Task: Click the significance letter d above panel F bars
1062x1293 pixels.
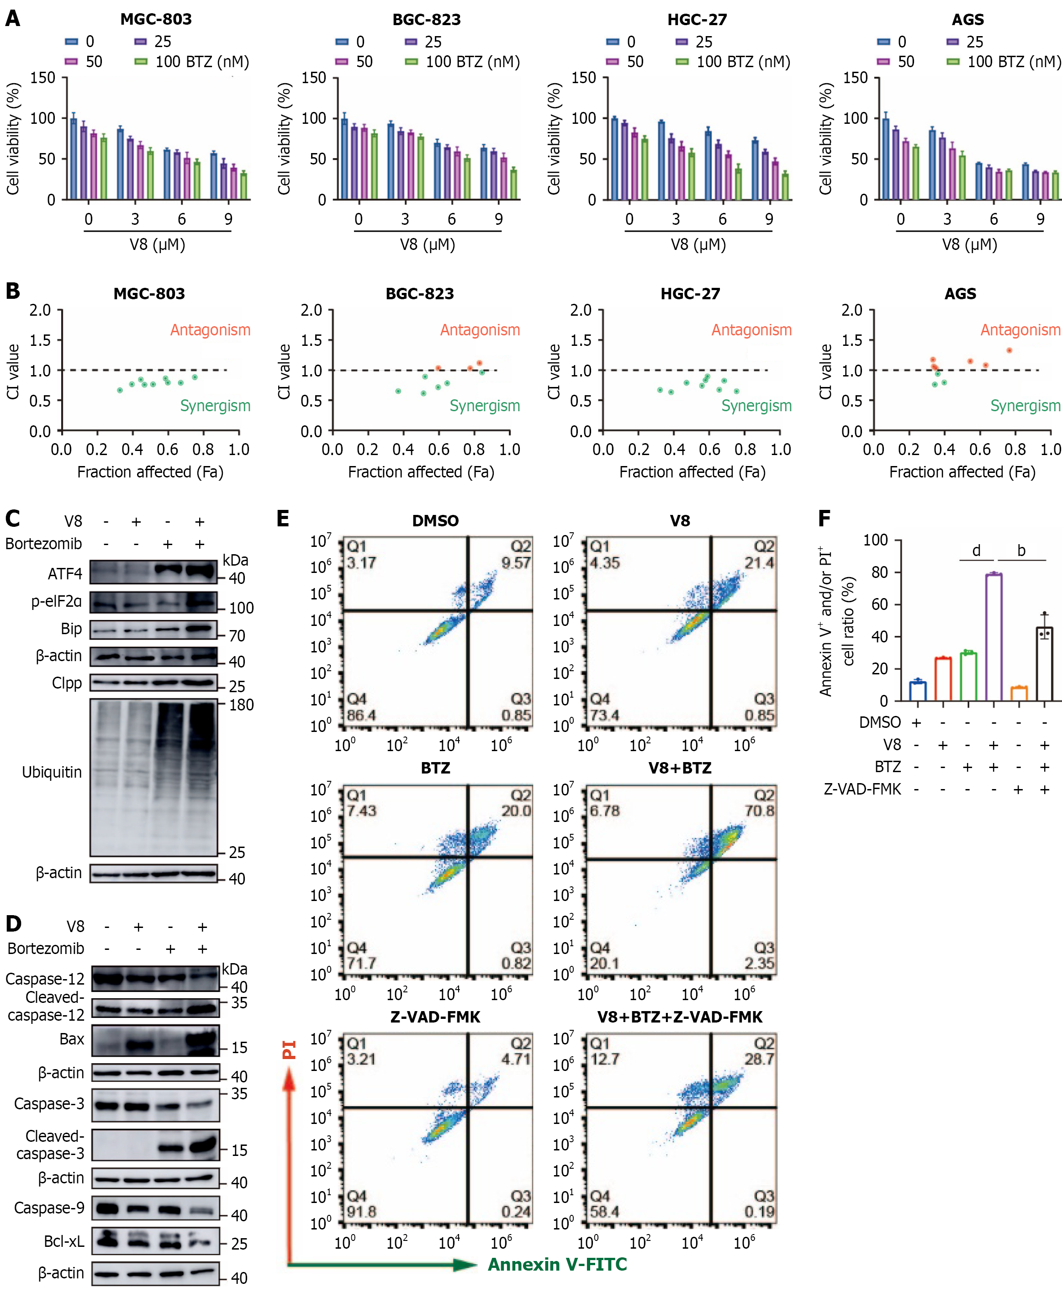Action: [977, 551]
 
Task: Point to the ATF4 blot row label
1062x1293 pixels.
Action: [64, 574]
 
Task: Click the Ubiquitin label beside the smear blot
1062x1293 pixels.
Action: [52, 772]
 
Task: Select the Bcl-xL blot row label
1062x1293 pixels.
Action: [64, 1241]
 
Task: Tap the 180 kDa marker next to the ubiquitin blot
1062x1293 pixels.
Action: [241, 705]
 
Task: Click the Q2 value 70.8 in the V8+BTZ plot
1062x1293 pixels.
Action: [760, 811]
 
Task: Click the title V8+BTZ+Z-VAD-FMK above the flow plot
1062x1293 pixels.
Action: [680, 1017]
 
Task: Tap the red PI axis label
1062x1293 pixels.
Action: [289, 1050]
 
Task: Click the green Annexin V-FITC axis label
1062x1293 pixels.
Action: [557, 1264]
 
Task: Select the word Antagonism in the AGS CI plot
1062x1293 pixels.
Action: [1020, 330]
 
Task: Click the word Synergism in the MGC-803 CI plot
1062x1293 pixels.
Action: [215, 406]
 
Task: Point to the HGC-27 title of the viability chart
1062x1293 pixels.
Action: [697, 20]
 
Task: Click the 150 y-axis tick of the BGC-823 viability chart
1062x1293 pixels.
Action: [313, 78]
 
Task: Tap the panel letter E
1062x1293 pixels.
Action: [283, 519]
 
